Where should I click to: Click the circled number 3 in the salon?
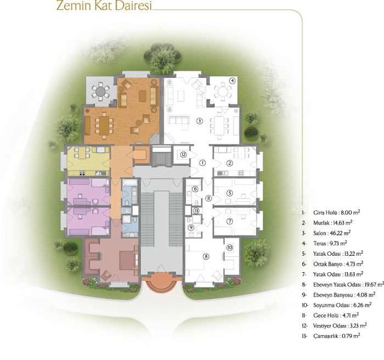[200, 121]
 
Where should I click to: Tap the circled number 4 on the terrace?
[233, 80]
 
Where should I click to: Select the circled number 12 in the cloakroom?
[183, 155]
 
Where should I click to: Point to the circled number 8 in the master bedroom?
[206, 257]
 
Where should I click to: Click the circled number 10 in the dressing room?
[229, 248]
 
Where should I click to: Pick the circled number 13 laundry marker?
[196, 211]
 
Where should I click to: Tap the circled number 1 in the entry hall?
[202, 162]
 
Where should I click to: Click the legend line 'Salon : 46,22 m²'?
[331, 233]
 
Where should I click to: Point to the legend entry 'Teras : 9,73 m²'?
[330, 243]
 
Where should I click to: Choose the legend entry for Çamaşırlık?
[336, 336]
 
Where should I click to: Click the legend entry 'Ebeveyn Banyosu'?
[344, 295]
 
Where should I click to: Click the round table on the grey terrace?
[100, 92]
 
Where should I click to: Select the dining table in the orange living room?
[104, 125]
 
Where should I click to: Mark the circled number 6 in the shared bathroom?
[195, 189]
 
